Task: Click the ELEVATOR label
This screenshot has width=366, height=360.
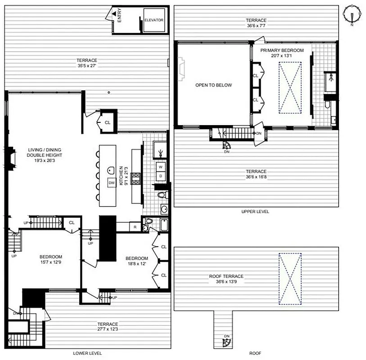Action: [x=154, y=20]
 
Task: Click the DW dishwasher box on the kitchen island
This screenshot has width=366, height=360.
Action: [x=111, y=182]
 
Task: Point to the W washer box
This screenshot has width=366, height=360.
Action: [x=160, y=166]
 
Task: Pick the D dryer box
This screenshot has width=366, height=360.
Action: [x=160, y=176]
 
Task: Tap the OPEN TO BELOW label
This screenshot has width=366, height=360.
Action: [x=213, y=85]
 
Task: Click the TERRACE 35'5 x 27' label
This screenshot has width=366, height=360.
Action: [x=86, y=63]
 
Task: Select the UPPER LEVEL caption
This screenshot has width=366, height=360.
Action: [x=255, y=211]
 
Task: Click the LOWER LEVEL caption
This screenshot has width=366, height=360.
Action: [x=87, y=353]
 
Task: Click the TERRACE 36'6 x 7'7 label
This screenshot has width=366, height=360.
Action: [x=256, y=23]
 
